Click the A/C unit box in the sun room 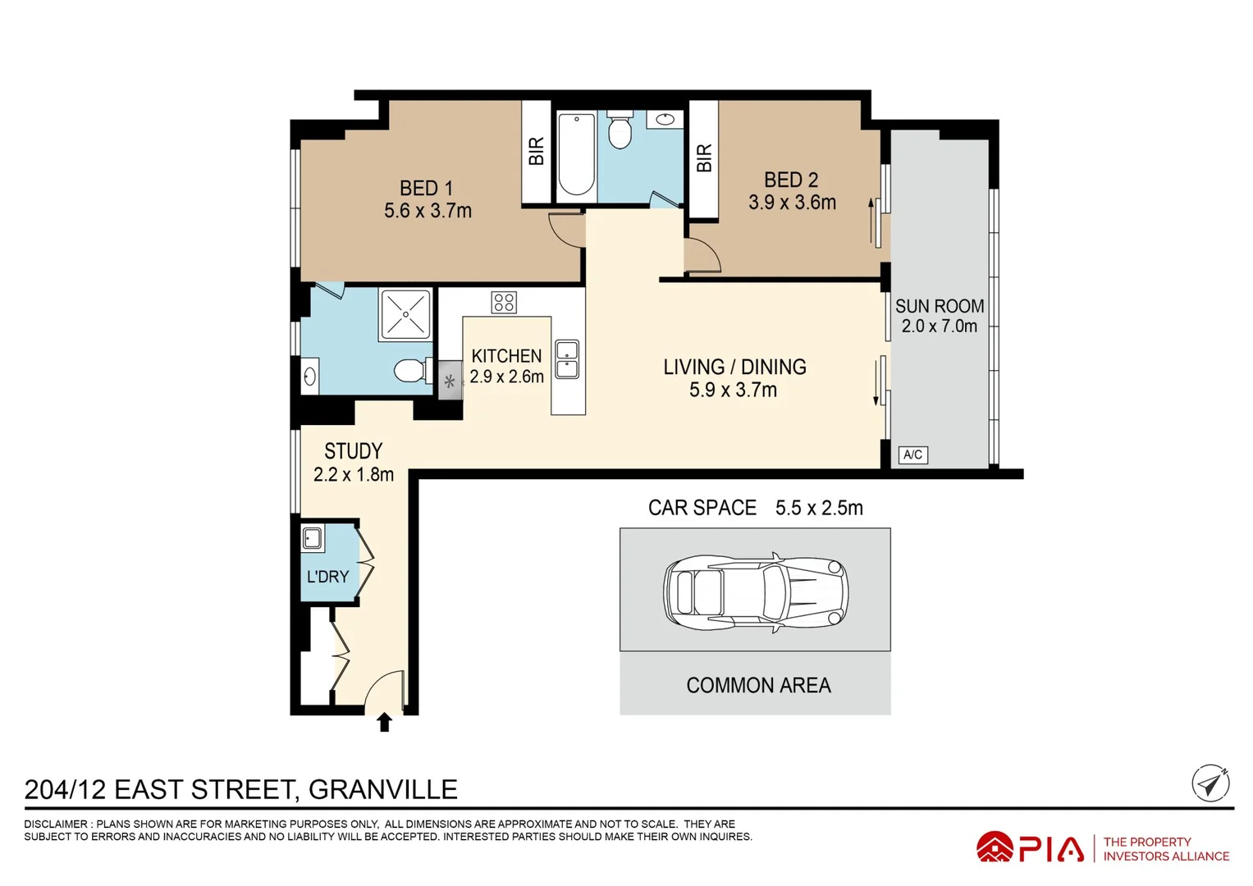click(913, 454)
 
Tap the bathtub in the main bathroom click(576, 154)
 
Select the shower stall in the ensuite click(405, 315)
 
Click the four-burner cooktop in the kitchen click(504, 303)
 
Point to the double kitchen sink click(567, 359)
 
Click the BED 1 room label click(426, 188)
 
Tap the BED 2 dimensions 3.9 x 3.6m click(792, 202)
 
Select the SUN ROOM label click(940, 306)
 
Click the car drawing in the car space click(756, 593)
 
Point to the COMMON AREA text click(758, 685)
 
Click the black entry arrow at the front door click(384, 722)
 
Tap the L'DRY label click(327, 576)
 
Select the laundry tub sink click(312, 538)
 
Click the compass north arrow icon click(1210, 783)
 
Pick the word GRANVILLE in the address click(383, 789)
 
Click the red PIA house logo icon click(995, 847)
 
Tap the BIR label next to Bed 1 click(536, 151)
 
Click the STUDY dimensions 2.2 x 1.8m click(353, 474)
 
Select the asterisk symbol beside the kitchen click(450, 382)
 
